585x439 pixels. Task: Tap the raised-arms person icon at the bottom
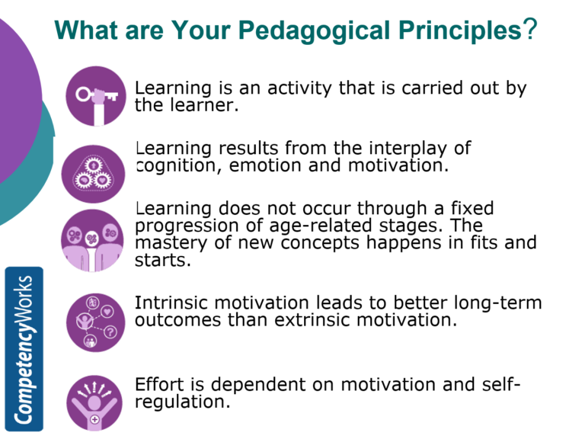(95, 401)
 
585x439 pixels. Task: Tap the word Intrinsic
(171, 303)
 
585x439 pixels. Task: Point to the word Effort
(157, 384)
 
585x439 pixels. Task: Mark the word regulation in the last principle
(181, 402)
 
